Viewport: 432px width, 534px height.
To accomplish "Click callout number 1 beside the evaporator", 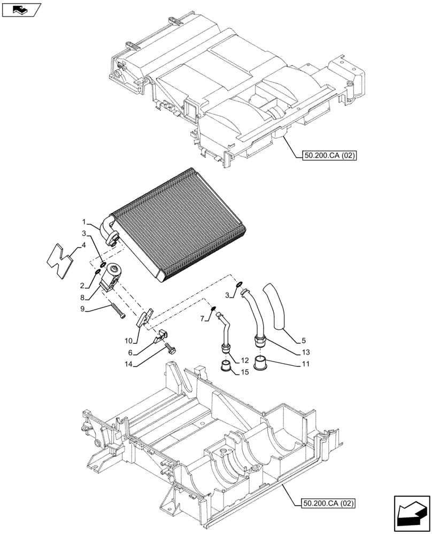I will tap(84, 221).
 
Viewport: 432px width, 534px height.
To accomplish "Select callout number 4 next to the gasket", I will tap(83, 246).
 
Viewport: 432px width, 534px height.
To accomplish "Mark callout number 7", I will tap(203, 319).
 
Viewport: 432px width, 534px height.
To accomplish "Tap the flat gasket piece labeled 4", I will tap(59, 259).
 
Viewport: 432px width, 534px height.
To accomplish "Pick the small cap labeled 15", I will tap(226, 367).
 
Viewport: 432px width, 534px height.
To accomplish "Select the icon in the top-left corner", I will tap(21, 9).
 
